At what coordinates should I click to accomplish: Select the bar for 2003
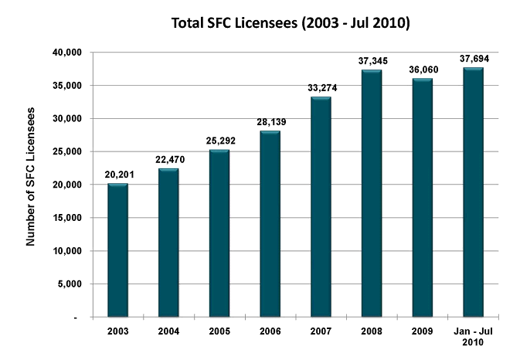tap(118, 250)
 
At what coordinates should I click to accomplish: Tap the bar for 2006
tap(270, 224)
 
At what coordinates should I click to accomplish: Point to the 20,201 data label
tap(118, 175)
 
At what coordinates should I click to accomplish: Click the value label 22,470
tap(168, 161)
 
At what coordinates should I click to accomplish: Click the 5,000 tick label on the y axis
tap(70, 284)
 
